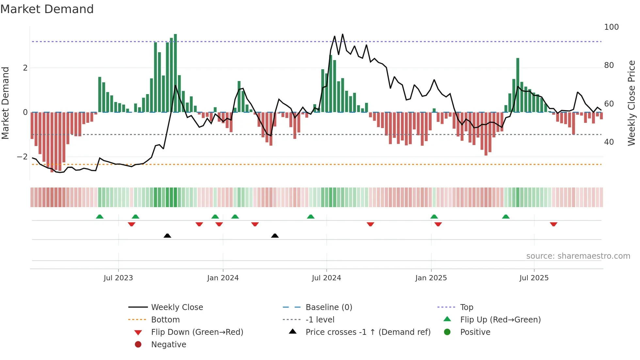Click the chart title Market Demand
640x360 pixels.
tap(47, 9)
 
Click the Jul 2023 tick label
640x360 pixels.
tap(118, 278)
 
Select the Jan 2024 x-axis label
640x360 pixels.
tap(223, 278)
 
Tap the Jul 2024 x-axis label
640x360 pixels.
tap(326, 278)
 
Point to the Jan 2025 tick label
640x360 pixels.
tap(431, 278)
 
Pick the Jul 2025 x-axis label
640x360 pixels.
tap(534, 278)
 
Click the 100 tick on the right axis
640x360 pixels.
tap(611, 27)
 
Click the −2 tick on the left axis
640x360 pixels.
tap(22, 157)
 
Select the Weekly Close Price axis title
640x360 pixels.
tap(632, 103)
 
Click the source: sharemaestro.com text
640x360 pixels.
tap(578, 256)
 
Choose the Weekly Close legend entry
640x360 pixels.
tap(177, 307)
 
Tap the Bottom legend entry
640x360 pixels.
tap(165, 320)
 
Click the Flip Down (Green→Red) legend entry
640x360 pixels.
tap(197, 332)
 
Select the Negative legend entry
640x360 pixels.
tap(168, 345)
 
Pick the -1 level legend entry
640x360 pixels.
tap(320, 320)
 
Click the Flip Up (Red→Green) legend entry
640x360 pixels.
tap(500, 320)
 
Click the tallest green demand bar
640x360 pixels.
tap(175, 72)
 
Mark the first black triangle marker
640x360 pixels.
tap(167, 236)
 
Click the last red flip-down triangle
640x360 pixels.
tap(553, 224)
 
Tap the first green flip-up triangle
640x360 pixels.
tap(100, 217)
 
